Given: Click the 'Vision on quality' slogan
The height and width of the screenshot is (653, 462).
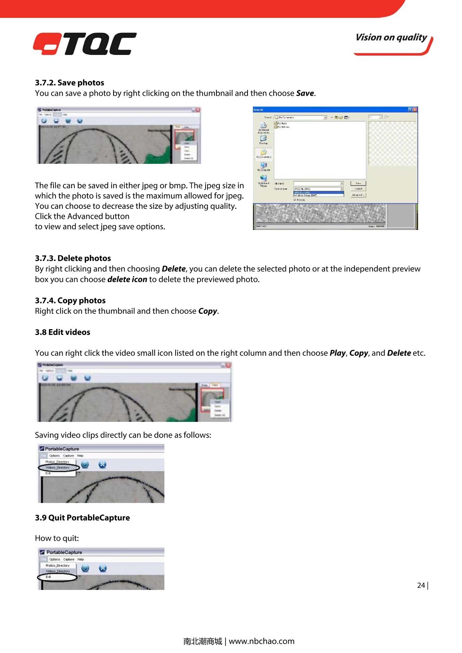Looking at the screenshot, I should point(391,38).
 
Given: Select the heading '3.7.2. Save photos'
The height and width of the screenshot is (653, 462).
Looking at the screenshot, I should point(69,83).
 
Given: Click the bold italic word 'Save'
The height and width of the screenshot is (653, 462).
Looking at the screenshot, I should point(305,93).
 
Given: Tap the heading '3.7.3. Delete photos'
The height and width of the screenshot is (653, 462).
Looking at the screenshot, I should point(73,258).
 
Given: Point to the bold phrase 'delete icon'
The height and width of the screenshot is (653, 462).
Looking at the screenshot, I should point(127,279).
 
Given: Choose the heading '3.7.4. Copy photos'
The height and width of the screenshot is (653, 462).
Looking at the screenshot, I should point(70,301).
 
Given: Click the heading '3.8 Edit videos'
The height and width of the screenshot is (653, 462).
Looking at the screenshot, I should point(62,332).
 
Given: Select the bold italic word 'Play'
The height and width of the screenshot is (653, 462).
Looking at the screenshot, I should point(338,353).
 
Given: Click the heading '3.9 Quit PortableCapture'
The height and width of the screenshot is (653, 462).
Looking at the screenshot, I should point(82,518).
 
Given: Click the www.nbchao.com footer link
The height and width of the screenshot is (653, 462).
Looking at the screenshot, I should point(261,641).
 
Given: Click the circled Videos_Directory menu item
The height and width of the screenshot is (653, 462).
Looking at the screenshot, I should point(58,468).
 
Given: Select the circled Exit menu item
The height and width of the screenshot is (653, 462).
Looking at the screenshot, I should point(49,577).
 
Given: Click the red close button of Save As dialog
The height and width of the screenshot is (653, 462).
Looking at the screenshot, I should point(415,110).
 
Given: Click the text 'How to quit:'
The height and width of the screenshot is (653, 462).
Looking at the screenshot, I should point(57,538).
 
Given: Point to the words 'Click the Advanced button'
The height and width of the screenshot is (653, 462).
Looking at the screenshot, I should point(82,216).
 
